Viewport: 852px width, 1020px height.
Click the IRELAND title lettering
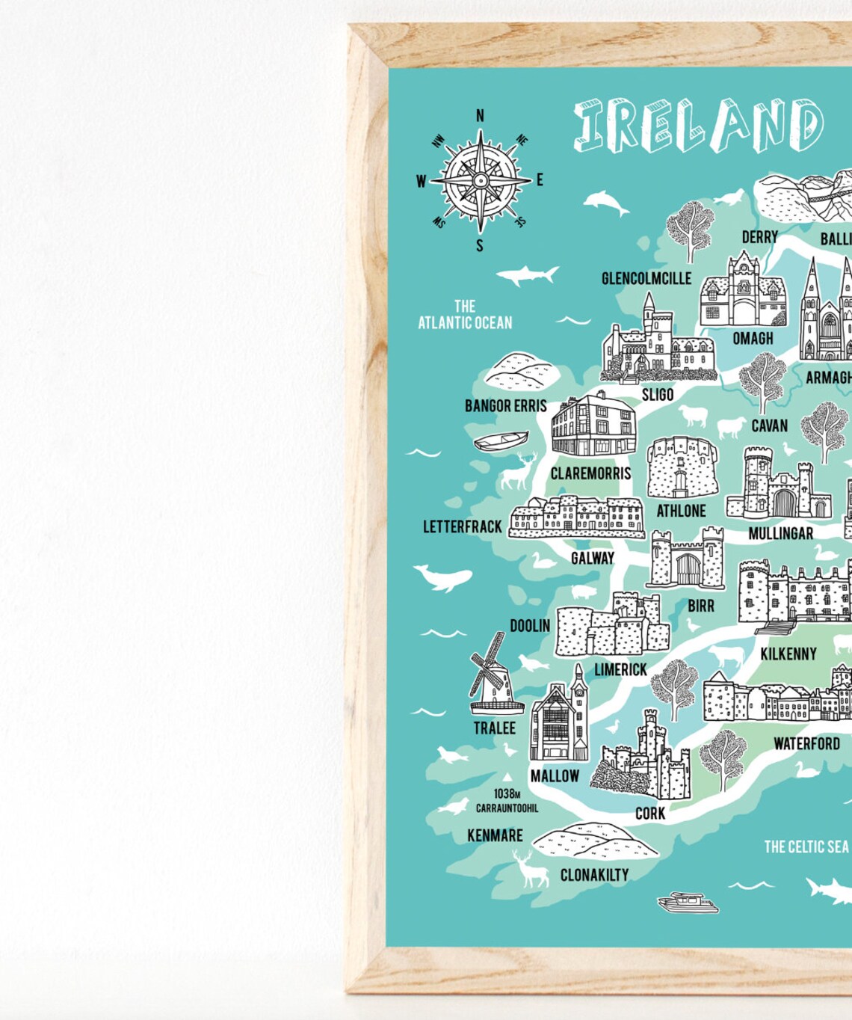point(699,126)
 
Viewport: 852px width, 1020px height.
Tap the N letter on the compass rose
point(480,115)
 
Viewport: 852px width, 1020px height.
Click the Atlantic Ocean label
point(465,315)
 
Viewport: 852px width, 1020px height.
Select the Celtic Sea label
point(806,847)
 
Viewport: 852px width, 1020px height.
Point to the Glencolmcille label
point(646,278)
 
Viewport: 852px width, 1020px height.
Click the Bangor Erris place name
point(506,406)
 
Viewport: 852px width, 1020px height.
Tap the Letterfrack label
point(463,527)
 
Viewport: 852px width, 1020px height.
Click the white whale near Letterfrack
point(444,577)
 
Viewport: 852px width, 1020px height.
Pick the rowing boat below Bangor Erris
point(501,440)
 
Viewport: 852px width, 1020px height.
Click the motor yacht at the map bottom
point(688,903)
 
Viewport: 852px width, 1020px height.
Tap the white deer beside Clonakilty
point(531,868)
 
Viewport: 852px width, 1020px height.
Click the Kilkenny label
point(788,654)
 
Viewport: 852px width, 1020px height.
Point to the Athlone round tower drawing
point(681,468)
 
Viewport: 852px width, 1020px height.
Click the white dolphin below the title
point(605,202)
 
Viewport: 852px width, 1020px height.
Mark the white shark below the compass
point(528,274)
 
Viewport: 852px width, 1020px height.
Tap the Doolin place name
point(530,625)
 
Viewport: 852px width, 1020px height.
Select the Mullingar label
point(780,533)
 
